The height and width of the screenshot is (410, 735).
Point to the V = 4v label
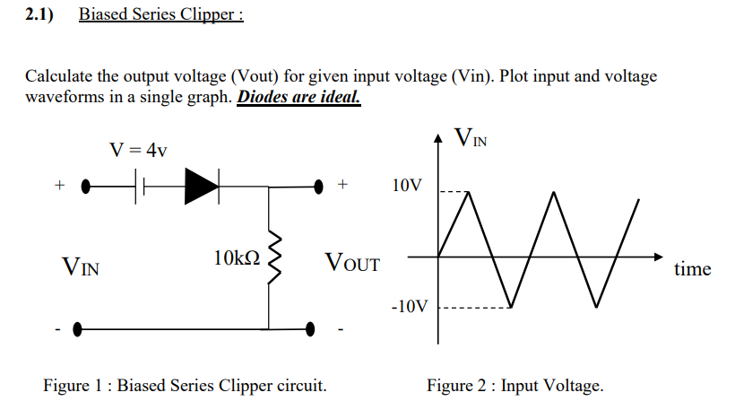pos(138,149)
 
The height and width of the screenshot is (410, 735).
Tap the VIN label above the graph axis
pos(471,138)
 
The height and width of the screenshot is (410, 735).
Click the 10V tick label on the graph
pos(406,186)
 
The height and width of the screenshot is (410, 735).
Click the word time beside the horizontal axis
pos(692,268)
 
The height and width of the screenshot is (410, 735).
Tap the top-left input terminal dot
pos(86,188)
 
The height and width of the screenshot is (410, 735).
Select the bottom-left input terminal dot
pos(79,328)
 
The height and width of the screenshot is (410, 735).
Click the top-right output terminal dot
pos(318,188)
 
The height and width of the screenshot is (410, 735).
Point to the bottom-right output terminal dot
pos(312,328)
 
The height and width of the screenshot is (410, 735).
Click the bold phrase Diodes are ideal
pos(298,97)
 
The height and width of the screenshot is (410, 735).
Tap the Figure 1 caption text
pos(186,386)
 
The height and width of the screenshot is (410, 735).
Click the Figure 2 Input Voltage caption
pos(515,386)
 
